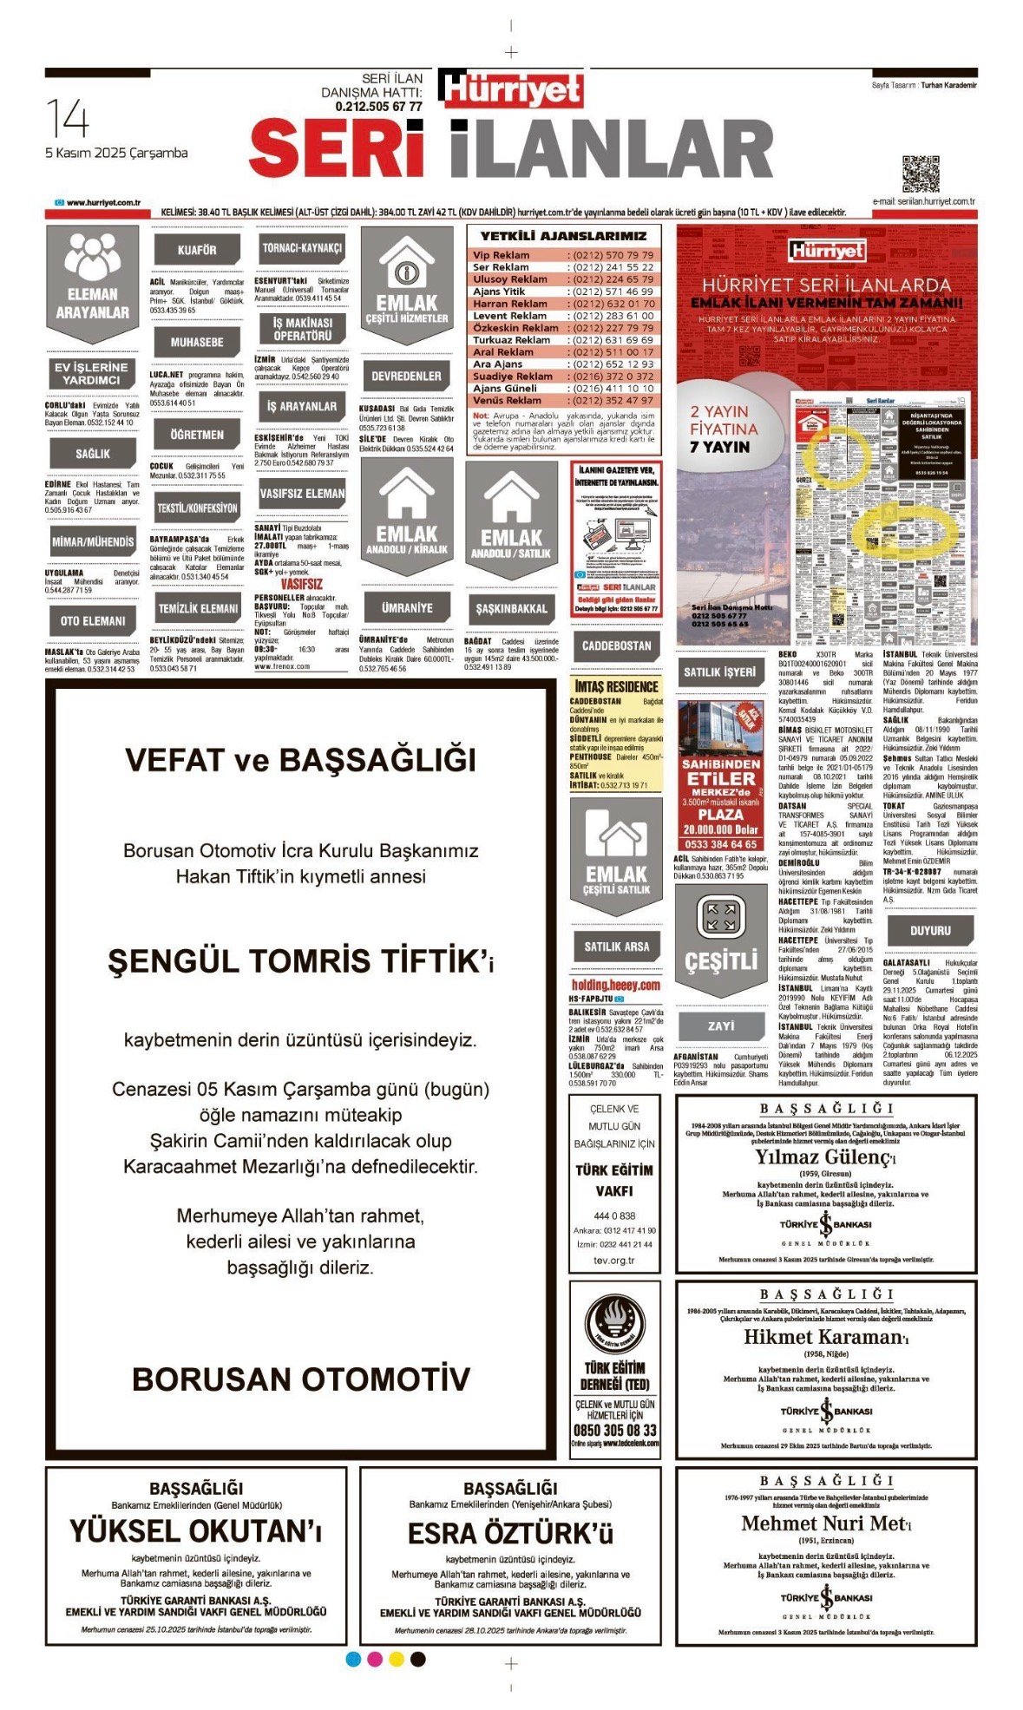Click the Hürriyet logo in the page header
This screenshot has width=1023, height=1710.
[x=511, y=89]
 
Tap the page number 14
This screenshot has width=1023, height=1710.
[x=67, y=119]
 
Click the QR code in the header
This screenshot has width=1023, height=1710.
[x=921, y=174]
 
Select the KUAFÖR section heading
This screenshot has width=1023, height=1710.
[x=197, y=250]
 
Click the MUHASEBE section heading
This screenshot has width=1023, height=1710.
[x=197, y=343]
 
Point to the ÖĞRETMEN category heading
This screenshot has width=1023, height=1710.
[x=197, y=435]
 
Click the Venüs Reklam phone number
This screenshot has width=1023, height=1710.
[x=613, y=401]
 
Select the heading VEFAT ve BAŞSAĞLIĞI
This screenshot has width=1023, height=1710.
[x=300, y=760]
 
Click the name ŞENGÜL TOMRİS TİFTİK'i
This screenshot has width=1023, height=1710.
[x=300, y=961]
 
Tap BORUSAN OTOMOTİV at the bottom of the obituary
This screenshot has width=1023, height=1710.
[x=300, y=1379]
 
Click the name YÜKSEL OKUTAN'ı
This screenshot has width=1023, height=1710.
[x=196, y=1531]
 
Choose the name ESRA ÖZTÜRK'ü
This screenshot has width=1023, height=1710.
[x=510, y=1533]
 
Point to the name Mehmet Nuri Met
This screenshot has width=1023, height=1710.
[x=824, y=1523]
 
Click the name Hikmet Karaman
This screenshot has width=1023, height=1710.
[x=824, y=1337]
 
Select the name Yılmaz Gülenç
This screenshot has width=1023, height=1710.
[x=824, y=1156]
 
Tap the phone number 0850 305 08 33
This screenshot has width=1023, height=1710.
[x=614, y=1430]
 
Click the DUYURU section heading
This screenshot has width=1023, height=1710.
[x=930, y=930]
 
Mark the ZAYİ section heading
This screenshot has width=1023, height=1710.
[x=720, y=1025]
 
